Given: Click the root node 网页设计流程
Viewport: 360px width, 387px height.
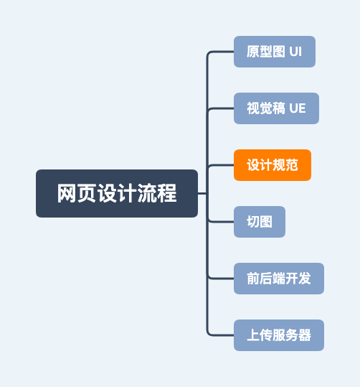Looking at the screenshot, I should (117, 193).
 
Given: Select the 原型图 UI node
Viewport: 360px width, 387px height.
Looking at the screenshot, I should (274, 52).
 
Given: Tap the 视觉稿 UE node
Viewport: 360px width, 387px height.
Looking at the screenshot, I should (276, 108).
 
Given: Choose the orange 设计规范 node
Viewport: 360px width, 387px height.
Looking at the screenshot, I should (273, 165).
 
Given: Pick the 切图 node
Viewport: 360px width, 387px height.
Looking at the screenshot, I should (260, 222).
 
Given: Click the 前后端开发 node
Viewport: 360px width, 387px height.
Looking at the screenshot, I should (279, 279).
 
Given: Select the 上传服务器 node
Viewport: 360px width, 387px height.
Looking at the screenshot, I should (279, 335).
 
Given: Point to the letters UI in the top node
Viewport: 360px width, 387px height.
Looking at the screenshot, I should (295, 52).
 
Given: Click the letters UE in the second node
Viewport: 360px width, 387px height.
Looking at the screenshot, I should (298, 108).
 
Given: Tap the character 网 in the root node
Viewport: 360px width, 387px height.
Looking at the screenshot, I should (67, 194).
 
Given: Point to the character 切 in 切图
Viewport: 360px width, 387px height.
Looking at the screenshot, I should (253, 222).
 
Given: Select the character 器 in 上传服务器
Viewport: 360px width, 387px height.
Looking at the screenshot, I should (305, 335).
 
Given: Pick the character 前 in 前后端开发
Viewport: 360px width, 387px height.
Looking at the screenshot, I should (253, 279).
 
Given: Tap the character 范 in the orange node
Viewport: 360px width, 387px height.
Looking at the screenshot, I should (292, 165).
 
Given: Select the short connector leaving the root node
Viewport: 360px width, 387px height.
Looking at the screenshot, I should (202, 193).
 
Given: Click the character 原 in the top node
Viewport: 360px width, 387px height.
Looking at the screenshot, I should (252, 52).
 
